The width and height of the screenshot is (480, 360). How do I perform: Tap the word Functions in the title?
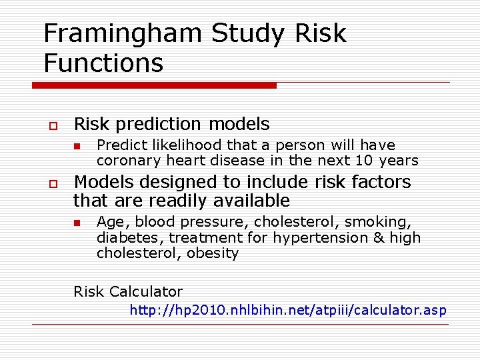click(x=103, y=63)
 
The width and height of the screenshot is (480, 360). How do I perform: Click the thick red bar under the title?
click(x=154, y=85)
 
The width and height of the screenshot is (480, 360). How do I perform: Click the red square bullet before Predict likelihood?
click(x=77, y=146)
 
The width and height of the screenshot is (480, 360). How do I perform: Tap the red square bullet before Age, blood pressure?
click(x=77, y=223)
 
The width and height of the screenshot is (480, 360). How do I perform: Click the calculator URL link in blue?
click(x=287, y=310)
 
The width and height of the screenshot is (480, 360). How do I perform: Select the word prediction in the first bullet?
click(x=159, y=124)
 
